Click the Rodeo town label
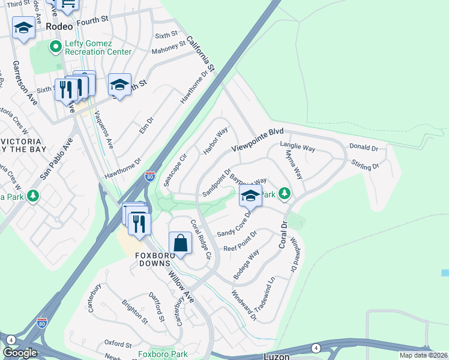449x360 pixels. point(59,26)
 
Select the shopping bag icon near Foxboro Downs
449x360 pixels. point(180,244)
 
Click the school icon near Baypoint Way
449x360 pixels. point(251,195)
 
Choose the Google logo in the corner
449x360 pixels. point(20,353)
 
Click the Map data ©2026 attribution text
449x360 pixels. point(423,355)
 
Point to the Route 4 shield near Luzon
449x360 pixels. point(316,347)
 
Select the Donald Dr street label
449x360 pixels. point(363,148)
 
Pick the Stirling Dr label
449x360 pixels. point(366,165)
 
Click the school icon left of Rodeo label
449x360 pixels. point(23,28)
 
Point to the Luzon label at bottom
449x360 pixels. point(277,356)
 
